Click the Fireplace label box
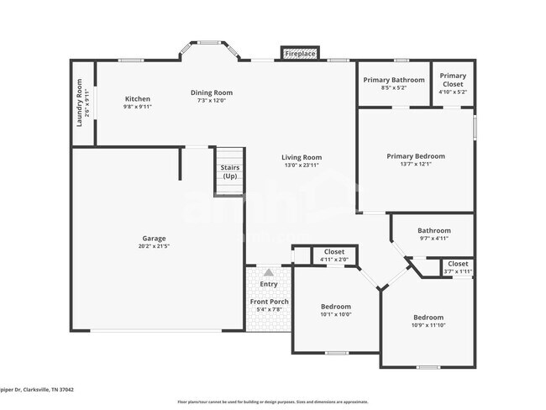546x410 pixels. tap(300, 54)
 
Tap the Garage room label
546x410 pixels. tap(153, 238)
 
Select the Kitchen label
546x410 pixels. tap(138, 98)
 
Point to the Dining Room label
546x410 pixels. tap(211, 92)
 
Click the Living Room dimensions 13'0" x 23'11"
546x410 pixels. tap(301, 166)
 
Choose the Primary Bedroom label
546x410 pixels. tap(416, 156)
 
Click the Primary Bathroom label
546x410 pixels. tap(393, 80)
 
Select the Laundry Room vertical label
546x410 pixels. tap(79, 102)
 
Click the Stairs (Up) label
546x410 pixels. tap(229, 171)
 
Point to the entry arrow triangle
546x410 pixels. tap(268, 272)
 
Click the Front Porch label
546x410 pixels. tap(269, 302)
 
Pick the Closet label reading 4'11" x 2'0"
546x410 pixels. tap(334, 260)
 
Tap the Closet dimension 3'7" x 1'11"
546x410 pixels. tap(458, 271)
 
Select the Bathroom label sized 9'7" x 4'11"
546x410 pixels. tap(434, 231)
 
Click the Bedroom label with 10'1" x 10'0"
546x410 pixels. tap(336, 307)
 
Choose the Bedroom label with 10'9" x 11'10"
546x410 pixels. tap(428, 318)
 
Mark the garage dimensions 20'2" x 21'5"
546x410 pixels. tap(153, 246)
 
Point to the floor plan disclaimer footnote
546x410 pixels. tap(272, 402)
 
